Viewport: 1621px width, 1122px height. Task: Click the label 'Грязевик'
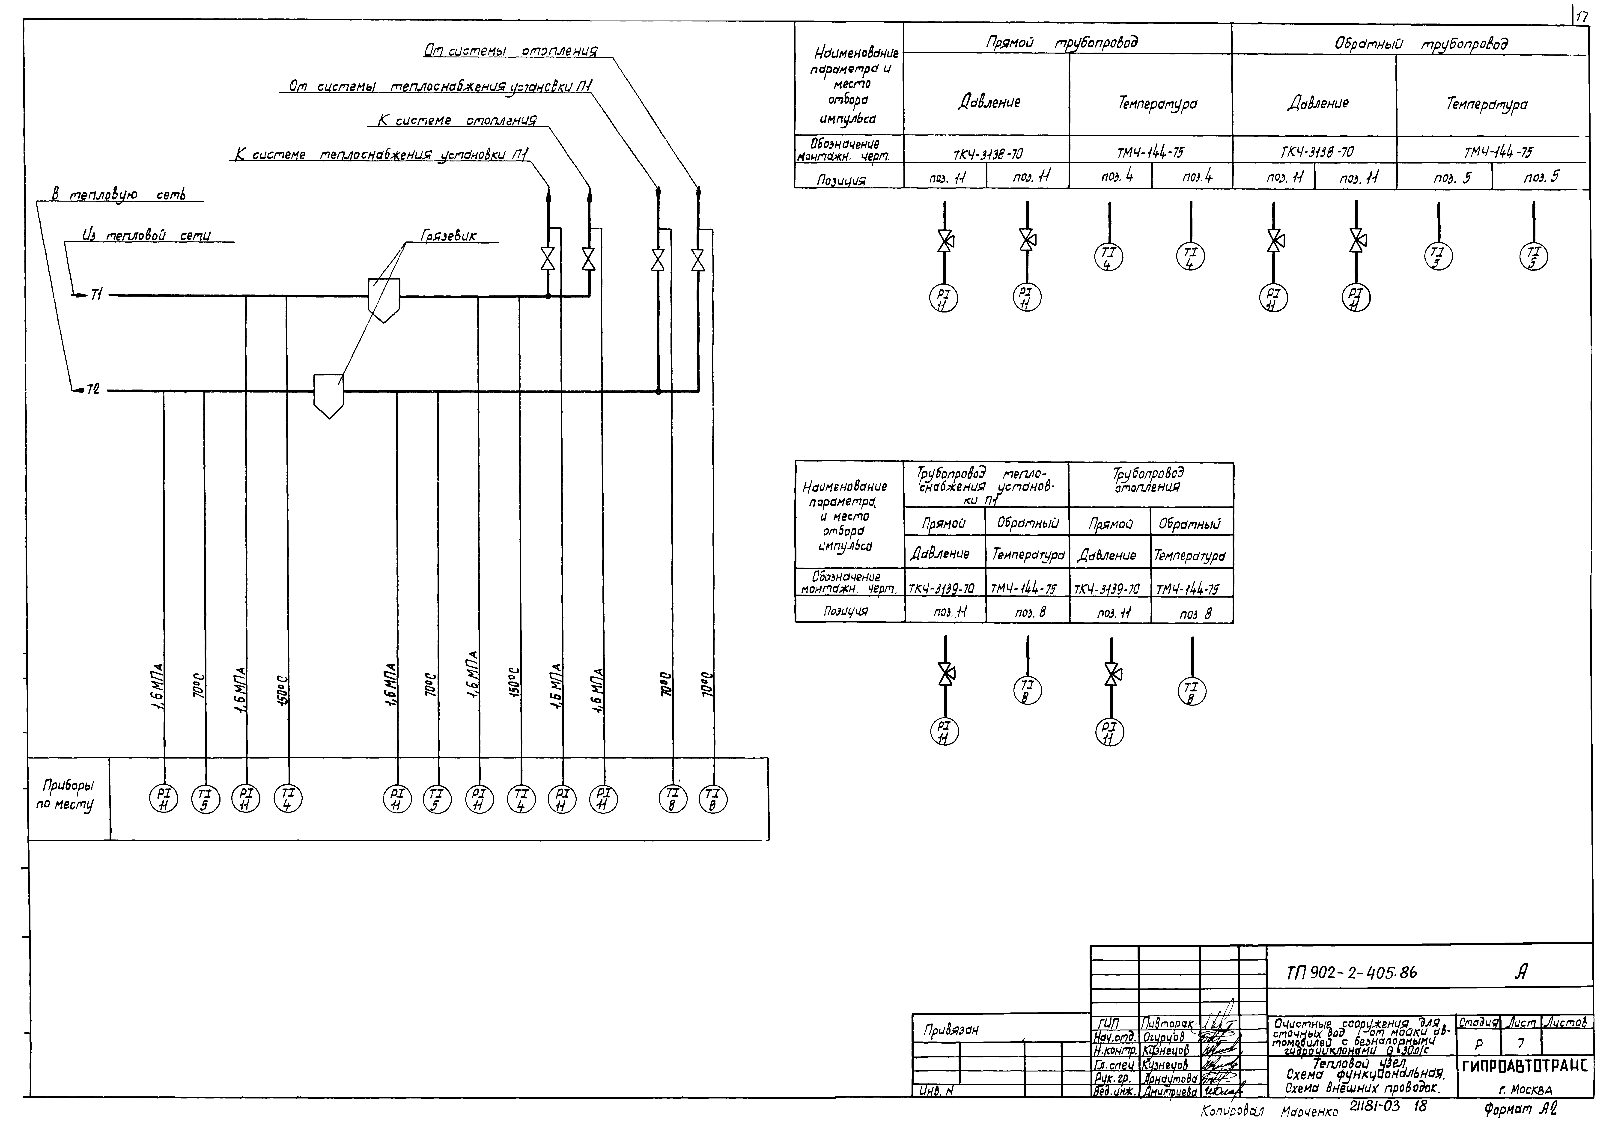point(448,236)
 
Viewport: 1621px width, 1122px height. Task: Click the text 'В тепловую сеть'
point(118,194)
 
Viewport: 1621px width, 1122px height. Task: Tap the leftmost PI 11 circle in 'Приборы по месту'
point(164,799)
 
